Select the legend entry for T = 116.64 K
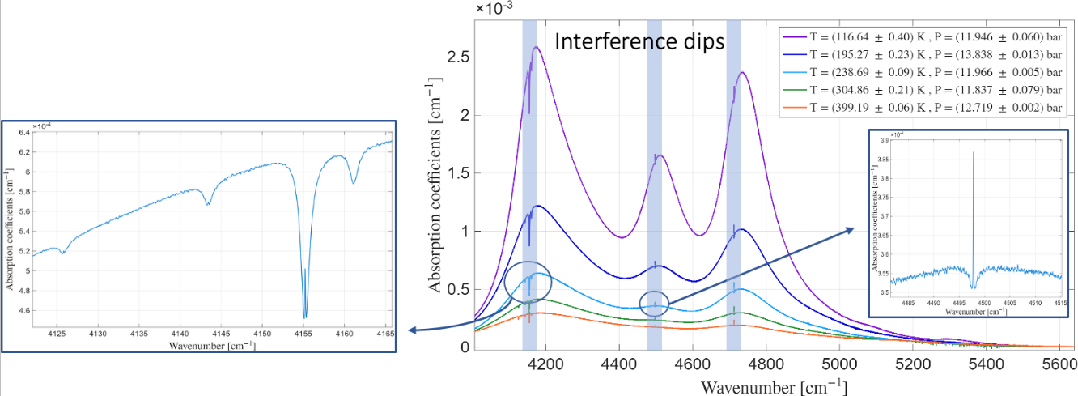[919, 36]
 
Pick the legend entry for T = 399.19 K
[919, 108]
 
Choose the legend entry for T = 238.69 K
[919, 72]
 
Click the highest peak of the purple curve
[536, 47]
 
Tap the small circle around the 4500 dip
[654, 304]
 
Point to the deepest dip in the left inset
[304, 317]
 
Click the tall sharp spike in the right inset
[973, 153]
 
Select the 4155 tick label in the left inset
[303, 333]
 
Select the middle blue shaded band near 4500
[654, 186]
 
